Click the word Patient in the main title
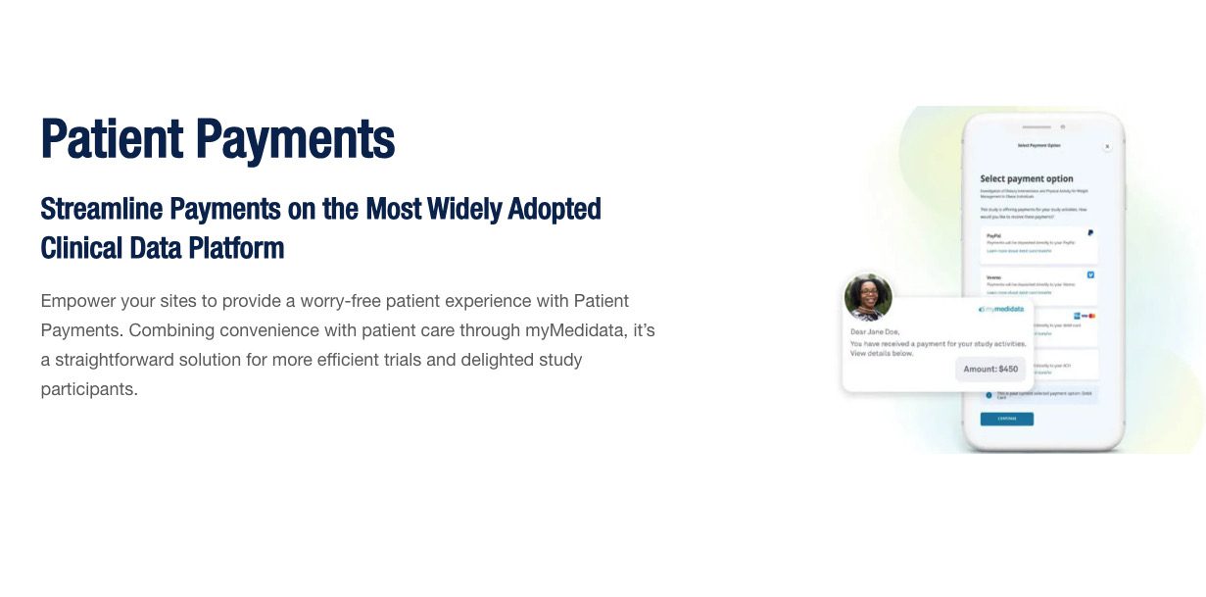tap(109, 139)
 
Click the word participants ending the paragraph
tap(89, 389)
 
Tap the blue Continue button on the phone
tap(1006, 419)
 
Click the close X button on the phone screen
tap(1107, 146)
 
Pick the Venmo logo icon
tap(1090, 275)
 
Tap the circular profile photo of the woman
tap(868, 298)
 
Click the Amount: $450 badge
tap(990, 370)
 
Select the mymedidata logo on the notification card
tap(1000, 309)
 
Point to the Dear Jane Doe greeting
tap(875, 331)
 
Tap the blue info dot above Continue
tap(989, 395)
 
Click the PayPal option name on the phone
tap(993, 235)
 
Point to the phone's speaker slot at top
tap(1036, 126)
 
